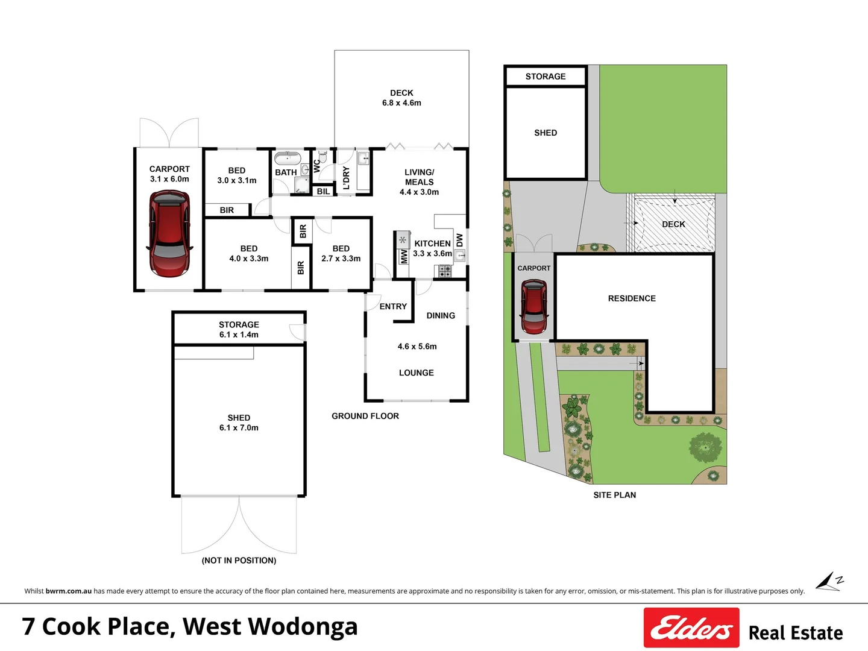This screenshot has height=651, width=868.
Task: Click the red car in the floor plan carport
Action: (x=169, y=233)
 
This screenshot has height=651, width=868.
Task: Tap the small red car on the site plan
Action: (x=533, y=307)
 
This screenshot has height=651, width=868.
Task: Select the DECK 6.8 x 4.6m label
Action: (x=401, y=98)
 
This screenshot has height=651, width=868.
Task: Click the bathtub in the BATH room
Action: (x=288, y=159)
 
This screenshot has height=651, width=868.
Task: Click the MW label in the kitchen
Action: (x=404, y=257)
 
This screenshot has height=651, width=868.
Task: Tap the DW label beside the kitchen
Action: (x=459, y=239)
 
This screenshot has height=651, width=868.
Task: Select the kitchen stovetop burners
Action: (x=445, y=271)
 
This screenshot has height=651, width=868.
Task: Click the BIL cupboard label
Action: (x=323, y=191)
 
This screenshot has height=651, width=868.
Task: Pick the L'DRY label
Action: (x=346, y=178)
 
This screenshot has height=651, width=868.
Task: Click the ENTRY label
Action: (x=393, y=306)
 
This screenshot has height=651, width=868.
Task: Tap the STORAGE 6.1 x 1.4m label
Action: (x=239, y=329)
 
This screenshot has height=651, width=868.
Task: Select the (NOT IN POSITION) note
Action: (x=239, y=561)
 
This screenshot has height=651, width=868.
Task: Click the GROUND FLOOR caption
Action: (x=365, y=416)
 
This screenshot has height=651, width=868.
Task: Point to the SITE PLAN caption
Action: (x=614, y=495)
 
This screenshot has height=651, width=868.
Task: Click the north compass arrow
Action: (x=829, y=582)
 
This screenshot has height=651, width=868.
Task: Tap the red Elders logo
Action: (x=691, y=627)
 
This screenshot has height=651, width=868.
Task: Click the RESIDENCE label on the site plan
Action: (x=632, y=298)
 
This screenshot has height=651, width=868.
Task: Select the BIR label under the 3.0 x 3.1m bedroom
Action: (x=227, y=210)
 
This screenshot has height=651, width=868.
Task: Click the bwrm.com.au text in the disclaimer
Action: (x=69, y=591)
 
